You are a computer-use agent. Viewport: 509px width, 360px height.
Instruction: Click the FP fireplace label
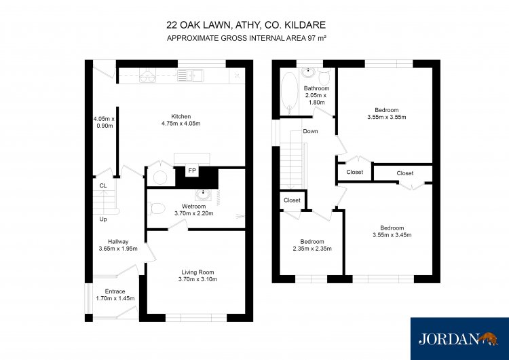coord(192,170)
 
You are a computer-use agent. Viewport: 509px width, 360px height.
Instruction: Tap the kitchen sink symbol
coord(190,75)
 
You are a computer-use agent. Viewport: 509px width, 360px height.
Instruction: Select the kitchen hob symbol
coord(147,75)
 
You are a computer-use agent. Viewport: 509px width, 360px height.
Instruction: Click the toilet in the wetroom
coord(157,209)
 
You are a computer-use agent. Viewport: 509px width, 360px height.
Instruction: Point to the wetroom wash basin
coord(203,195)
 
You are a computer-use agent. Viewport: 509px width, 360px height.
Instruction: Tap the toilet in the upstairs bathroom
coord(324,77)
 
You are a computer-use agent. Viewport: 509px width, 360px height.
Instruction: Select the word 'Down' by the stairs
coord(310,131)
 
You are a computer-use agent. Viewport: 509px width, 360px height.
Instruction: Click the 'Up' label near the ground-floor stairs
coord(103,219)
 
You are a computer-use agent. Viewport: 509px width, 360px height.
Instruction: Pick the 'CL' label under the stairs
coord(103,186)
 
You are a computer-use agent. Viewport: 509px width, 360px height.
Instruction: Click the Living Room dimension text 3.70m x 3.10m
coord(197,279)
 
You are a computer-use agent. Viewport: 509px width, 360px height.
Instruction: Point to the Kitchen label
coord(181,116)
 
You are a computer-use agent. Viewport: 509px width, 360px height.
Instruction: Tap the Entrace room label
coord(115,291)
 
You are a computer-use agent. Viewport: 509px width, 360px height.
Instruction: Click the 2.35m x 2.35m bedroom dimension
coord(312,249)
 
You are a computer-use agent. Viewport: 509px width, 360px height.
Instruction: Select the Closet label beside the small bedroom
coord(292,200)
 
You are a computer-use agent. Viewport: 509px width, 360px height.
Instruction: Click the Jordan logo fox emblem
coord(488,338)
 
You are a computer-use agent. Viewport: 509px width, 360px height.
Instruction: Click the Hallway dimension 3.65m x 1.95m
coord(118,249)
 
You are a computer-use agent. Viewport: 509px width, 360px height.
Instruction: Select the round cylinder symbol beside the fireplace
coord(160,177)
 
